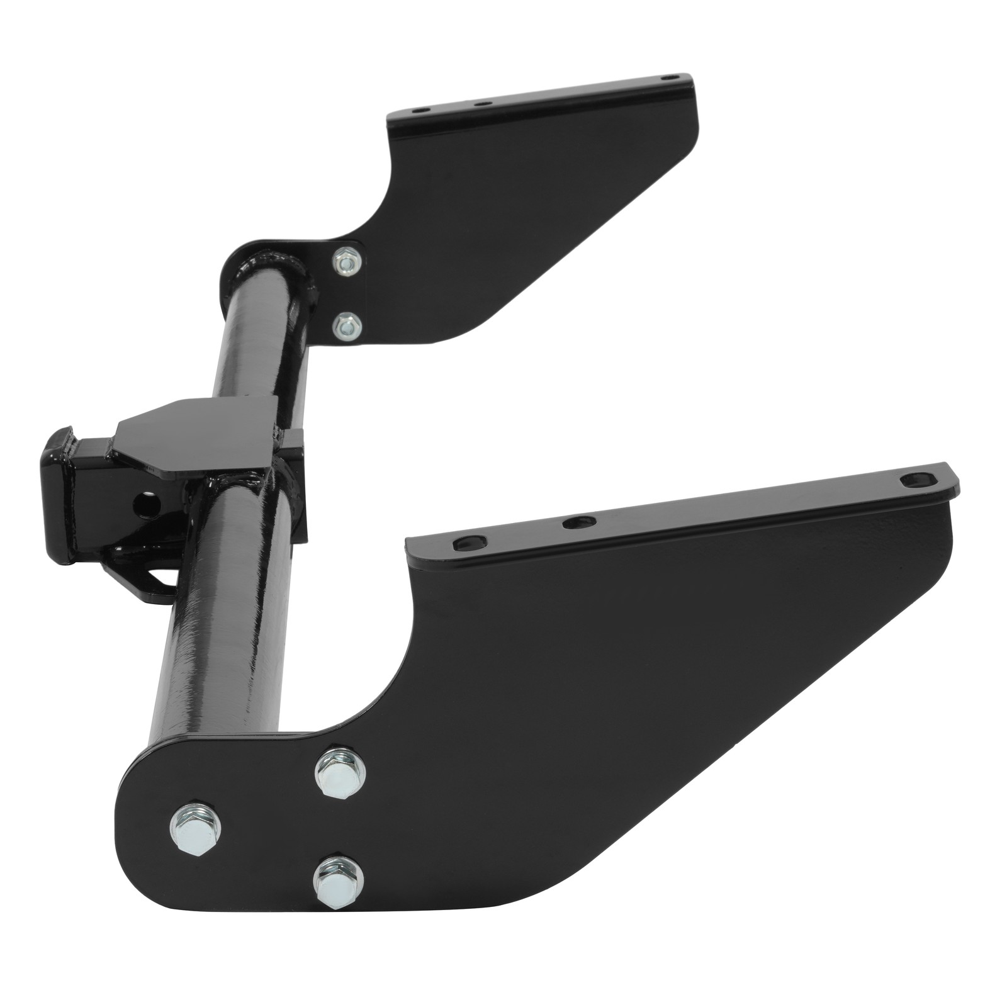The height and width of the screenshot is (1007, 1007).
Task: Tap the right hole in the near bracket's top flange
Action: tap(914, 480)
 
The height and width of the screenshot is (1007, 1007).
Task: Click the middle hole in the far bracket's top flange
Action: tap(481, 103)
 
